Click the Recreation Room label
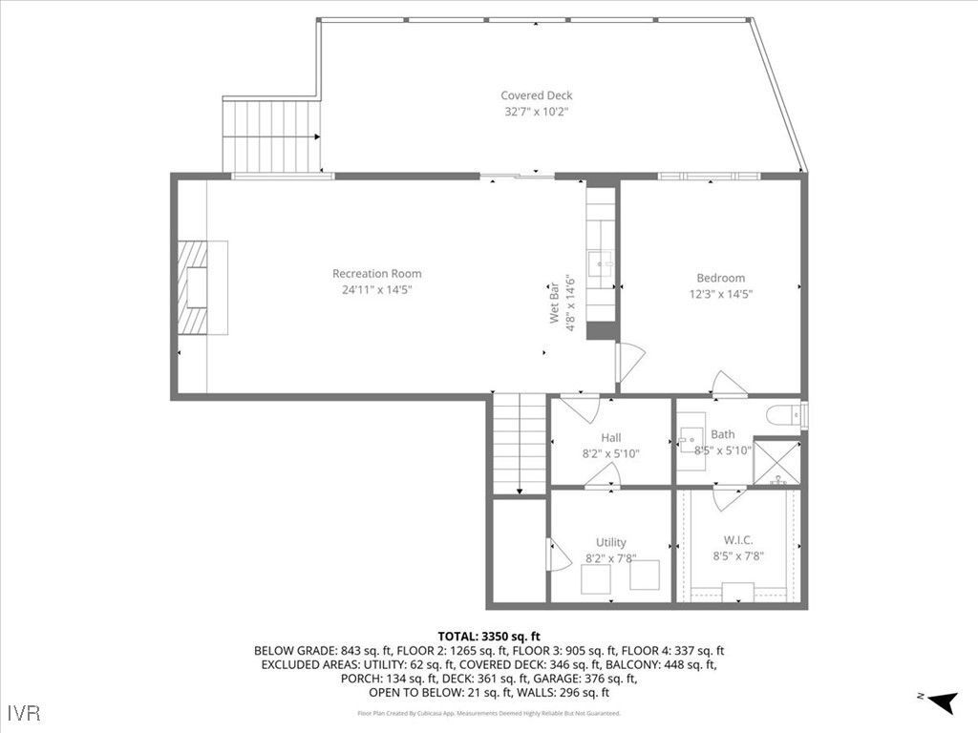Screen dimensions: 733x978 376,274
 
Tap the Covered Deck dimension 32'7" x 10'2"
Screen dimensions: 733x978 537,112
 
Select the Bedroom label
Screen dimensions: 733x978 720,278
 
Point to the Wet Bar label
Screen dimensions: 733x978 553,302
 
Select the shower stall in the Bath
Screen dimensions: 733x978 776,461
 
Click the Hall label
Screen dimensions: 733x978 611,438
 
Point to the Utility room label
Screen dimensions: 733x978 611,542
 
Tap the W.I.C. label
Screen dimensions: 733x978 738,539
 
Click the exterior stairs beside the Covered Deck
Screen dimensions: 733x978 272,136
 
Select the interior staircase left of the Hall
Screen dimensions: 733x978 520,444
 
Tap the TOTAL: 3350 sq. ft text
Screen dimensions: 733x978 489,636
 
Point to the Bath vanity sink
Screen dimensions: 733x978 691,445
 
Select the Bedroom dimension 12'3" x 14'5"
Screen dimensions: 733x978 720,294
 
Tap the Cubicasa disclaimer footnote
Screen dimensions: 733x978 489,713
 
